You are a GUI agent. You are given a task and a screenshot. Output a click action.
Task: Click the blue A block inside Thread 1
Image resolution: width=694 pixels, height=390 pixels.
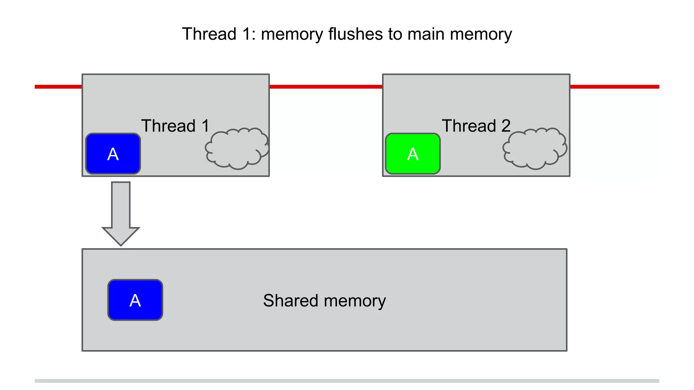[x=113, y=154]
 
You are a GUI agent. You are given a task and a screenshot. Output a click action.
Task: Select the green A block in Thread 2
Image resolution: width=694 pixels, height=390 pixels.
[x=413, y=154]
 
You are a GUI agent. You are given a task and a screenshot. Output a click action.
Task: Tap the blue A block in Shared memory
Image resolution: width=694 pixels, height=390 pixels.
[x=135, y=300]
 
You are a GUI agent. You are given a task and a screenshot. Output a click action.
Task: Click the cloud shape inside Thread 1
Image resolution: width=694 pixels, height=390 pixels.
[x=236, y=148]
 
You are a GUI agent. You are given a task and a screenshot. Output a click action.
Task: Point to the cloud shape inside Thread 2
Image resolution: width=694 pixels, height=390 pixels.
[x=534, y=148]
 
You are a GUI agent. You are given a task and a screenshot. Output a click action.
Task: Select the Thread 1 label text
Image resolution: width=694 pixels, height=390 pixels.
[x=175, y=126]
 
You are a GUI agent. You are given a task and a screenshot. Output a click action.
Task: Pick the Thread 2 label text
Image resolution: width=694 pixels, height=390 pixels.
[x=476, y=126]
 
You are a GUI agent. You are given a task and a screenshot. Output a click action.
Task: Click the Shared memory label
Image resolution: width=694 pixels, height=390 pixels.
[x=324, y=301]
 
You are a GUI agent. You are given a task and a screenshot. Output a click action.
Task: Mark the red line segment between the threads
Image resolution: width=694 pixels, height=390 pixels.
[x=326, y=87]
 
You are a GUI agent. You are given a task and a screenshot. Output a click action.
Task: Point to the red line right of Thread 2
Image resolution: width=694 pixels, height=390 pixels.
[x=614, y=87]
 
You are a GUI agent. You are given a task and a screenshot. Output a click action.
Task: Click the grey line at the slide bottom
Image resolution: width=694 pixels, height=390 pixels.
[x=347, y=381]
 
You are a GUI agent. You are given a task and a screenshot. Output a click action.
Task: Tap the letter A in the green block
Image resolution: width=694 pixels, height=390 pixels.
[x=413, y=154]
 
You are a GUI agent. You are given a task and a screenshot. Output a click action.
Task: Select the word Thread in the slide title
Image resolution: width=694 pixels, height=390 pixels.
[x=209, y=34]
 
